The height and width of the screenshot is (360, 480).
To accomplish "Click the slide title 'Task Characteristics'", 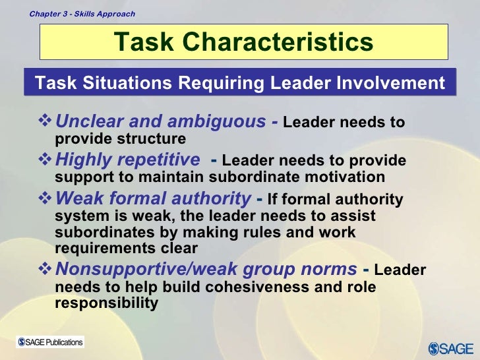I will point(243,42).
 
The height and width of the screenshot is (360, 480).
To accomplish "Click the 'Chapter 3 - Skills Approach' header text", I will point(82,13).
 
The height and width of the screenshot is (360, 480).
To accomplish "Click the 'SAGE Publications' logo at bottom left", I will point(51,342).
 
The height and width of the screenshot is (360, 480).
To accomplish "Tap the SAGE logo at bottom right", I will point(450,347).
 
